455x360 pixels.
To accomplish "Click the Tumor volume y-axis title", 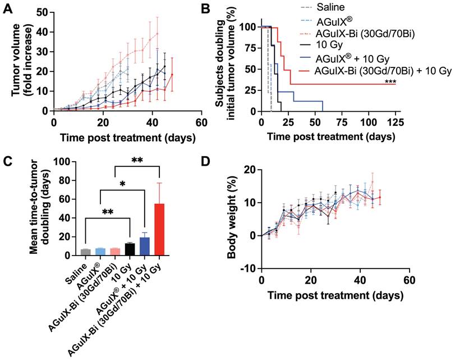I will tap(17, 62).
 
